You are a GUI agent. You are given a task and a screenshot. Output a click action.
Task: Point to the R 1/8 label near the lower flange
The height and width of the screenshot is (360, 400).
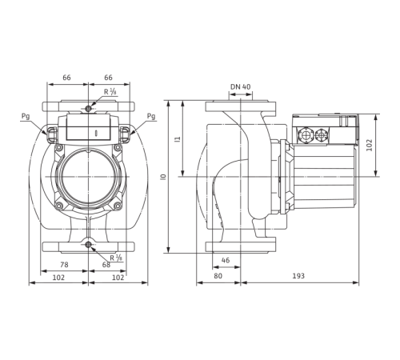(x=114, y=257)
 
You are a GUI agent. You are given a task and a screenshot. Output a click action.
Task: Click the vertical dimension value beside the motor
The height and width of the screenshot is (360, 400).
(x=369, y=144)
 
